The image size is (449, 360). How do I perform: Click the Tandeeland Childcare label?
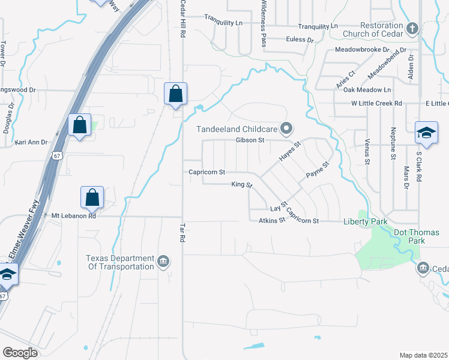[x=238, y=128]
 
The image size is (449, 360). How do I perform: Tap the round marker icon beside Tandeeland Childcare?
[x=287, y=128]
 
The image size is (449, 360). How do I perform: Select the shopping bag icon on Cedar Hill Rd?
[x=175, y=94]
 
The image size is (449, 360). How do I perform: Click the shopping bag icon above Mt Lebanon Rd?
[x=92, y=197]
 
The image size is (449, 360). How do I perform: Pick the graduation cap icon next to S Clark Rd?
[x=426, y=133]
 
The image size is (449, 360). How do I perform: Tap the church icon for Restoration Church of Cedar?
[x=412, y=28]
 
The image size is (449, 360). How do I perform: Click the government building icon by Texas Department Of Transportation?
[x=163, y=261]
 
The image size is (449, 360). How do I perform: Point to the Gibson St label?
[x=250, y=140]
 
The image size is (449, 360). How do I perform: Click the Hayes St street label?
[x=289, y=151]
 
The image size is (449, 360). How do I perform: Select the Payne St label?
[x=318, y=170]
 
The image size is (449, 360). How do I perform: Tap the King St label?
[x=241, y=185]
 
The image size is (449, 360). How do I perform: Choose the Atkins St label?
[x=271, y=221]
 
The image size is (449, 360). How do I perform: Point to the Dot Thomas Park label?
[x=416, y=236]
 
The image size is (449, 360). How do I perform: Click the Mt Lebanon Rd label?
[x=74, y=215]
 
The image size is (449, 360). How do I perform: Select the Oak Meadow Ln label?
[x=367, y=90]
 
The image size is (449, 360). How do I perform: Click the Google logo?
[x=20, y=353]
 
